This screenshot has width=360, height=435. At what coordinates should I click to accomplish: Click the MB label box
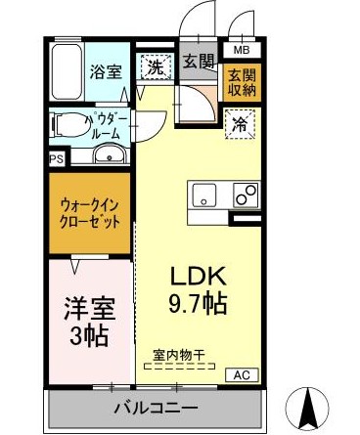(241, 47)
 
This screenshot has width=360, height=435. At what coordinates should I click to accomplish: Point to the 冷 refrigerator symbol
(240, 124)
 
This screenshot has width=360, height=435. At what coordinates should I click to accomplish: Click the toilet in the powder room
(70, 124)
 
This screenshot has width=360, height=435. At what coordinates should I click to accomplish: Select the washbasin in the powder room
(108, 156)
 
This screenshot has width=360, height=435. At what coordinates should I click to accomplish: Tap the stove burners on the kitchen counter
(245, 193)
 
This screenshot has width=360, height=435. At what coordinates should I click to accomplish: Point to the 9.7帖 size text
(201, 304)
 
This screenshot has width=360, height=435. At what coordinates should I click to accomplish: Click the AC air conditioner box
(240, 374)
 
